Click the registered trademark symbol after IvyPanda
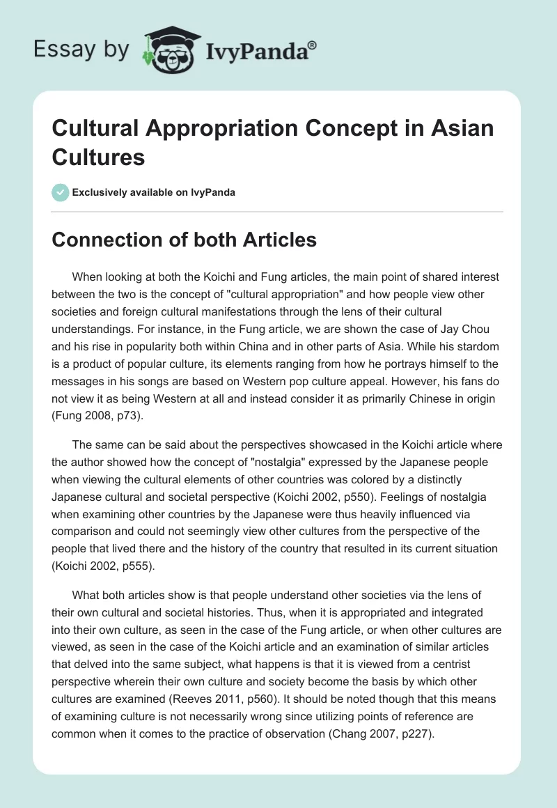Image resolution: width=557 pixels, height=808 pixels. [x=313, y=45]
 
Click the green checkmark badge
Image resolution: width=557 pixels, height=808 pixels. [x=61, y=192]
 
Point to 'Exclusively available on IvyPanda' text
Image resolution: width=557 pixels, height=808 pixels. [x=153, y=192]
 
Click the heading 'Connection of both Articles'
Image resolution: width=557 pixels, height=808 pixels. [x=185, y=240]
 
